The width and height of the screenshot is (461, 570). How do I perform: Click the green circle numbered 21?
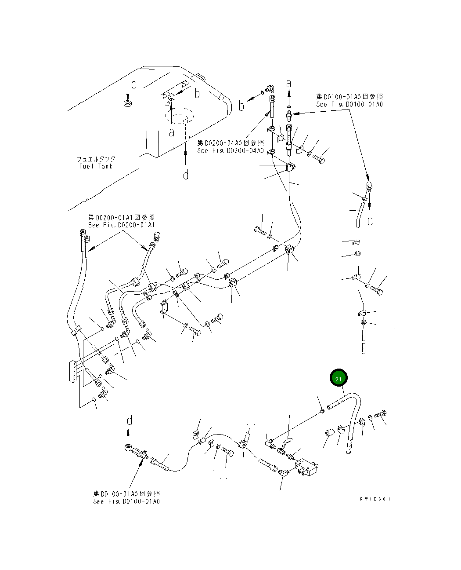[x=339, y=378]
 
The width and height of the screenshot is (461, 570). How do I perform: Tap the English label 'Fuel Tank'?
[x=96, y=166]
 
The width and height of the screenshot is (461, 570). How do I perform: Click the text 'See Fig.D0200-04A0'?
[x=230, y=151]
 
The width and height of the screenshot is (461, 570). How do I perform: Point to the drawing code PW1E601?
[x=374, y=499]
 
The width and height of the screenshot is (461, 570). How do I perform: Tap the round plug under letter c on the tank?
[x=128, y=104]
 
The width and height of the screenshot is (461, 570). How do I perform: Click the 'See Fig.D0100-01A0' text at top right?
[x=349, y=105]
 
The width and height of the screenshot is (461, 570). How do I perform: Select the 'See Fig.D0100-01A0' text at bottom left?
[x=126, y=501]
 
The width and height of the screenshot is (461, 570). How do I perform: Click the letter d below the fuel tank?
[x=186, y=175]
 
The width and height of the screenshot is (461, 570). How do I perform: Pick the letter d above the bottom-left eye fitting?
[x=130, y=421]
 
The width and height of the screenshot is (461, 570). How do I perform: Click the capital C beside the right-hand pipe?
[x=370, y=222]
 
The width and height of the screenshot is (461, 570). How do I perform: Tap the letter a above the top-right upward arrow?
[x=288, y=83]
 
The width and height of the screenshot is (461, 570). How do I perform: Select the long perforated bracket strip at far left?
[x=73, y=372]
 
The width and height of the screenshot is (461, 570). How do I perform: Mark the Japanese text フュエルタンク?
[x=96, y=159]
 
